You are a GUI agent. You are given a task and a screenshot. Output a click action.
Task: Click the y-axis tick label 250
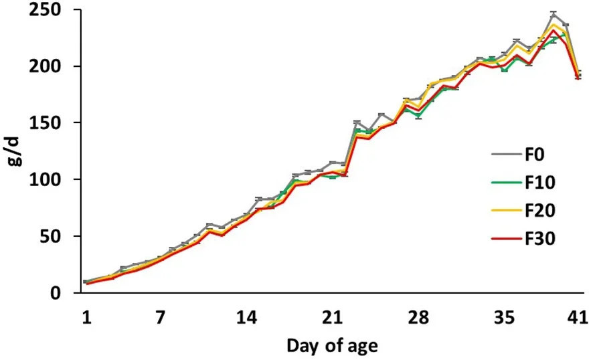pos(46,10)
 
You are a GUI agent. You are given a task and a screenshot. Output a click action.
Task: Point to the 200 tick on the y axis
pos(46,66)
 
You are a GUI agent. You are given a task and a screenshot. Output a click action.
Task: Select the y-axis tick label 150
pos(46,123)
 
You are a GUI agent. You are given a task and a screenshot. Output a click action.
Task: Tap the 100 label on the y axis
pos(46,179)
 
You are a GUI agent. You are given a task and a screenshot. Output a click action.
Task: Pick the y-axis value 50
pos(51,236)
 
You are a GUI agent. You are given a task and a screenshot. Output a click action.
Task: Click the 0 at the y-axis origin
pos(56,293)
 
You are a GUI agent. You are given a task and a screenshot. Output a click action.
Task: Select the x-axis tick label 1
pos(87,317)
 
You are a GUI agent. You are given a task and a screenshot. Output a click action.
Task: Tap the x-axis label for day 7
pos(161,317)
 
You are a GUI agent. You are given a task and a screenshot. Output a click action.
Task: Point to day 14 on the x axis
pos(246,317)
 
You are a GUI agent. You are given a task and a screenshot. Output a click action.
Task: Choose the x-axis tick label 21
pos(333,317)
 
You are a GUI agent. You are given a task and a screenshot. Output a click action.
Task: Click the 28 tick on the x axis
pos(419,317)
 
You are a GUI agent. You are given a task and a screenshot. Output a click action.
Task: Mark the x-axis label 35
pos(505,317)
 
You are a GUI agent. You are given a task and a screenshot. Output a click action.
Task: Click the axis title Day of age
pos(333,346)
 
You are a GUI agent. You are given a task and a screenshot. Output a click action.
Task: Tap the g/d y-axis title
pos(16,151)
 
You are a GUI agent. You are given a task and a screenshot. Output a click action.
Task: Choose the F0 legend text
pos(534,155)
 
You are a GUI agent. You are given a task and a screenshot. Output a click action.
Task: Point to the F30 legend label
pos(540,239)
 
